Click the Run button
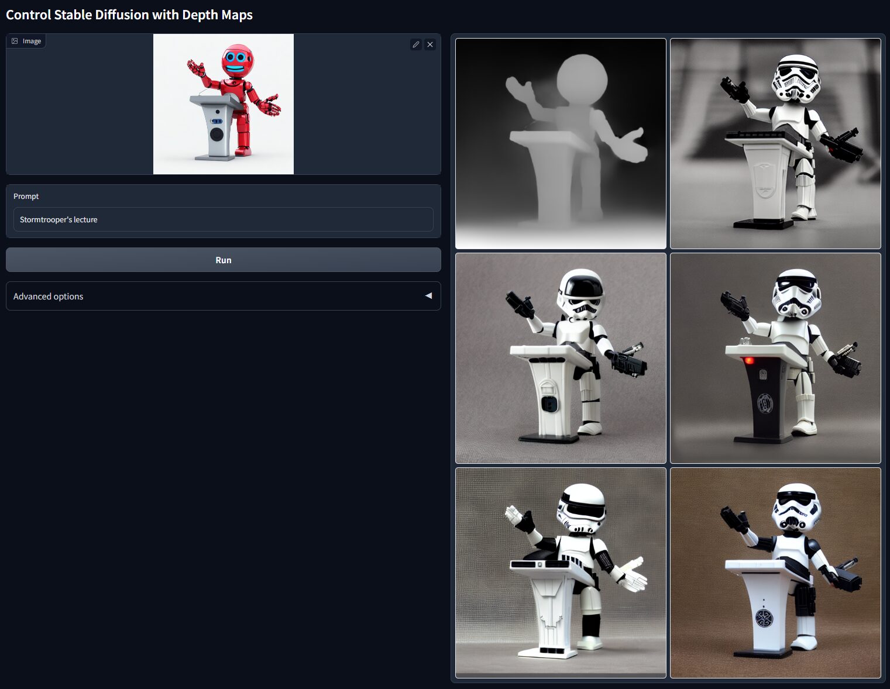pyautogui.click(x=223, y=260)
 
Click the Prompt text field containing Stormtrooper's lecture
pyautogui.click(x=223, y=219)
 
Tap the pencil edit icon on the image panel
pyautogui.click(x=415, y=44)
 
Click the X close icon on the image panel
pyautogui.click(x=430, y=44)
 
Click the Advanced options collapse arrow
pyautogui.click(x=428, y=296)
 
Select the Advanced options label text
pyautogui.click(x=48, y=297)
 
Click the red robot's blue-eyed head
pyautogui.click(x=237, y=60)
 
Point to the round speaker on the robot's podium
pyautogui.click(x=217, y=134)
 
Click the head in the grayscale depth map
pyautogui.click(x=582, y=79)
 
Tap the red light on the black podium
pyautogui.click(x=748, y=360)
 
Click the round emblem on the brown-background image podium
pyautogui.click(x=764, y=618)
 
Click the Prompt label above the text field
pyautogui.click(x=26, y=196)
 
